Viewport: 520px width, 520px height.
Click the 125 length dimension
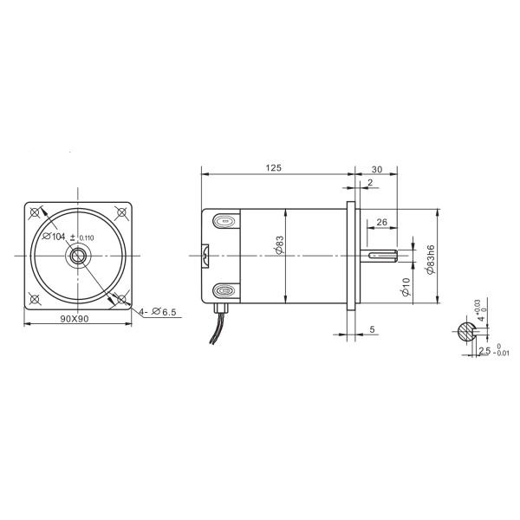tap(273, 167)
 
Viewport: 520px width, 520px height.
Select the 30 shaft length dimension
tap(377, 170)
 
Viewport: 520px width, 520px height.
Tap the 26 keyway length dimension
tap(382, 222)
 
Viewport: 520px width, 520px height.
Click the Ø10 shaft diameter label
tap(406, 287)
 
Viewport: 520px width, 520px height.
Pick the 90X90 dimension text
tap(75, 318)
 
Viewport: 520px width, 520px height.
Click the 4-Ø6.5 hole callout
tap(158, 312)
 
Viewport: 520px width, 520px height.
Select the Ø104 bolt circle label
tap(54, 236)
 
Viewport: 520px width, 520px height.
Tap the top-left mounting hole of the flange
tap(35, 212)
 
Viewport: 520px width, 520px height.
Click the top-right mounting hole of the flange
tap(121, 212)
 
